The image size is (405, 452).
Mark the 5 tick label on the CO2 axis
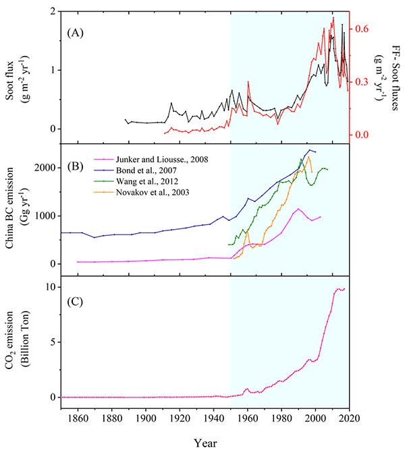coord(51,342)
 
